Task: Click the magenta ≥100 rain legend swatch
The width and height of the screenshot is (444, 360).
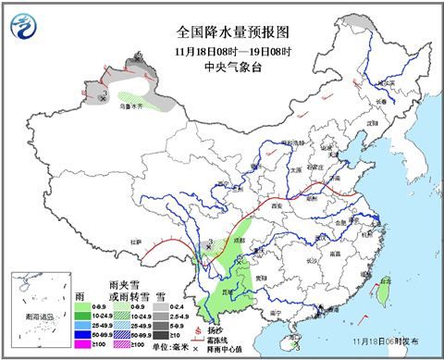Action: [x=82, y=344]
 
